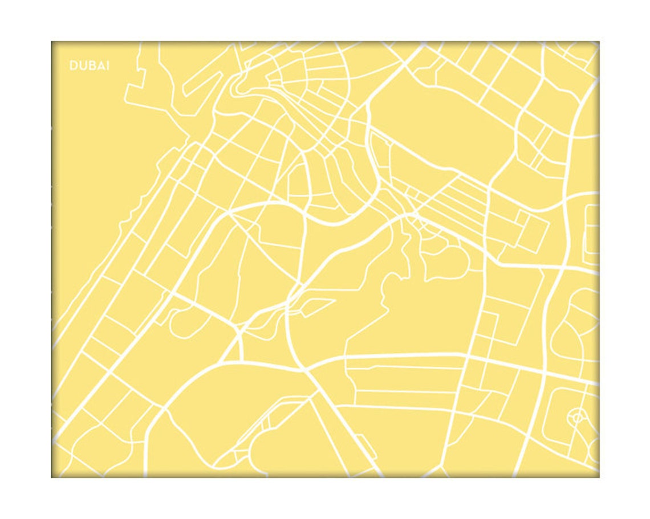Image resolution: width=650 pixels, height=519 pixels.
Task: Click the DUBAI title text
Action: [90, 66]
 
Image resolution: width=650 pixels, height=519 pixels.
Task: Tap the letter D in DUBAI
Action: [73, 66]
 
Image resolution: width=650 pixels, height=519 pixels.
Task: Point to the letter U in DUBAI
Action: [81, 66]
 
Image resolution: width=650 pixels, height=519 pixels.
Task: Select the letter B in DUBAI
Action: [90, 66]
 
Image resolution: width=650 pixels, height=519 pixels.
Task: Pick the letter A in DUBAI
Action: [98, 66]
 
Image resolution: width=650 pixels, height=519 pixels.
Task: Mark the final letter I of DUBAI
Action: [107, 66]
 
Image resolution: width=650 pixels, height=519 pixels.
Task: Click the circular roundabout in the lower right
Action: [576, 417]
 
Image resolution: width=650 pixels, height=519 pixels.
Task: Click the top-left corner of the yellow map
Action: [52, 42]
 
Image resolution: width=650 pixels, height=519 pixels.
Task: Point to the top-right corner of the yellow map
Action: [599, 42]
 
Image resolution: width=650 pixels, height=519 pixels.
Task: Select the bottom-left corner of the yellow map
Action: [52, 477]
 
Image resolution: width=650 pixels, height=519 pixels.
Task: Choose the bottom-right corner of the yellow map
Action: [599, 477]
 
